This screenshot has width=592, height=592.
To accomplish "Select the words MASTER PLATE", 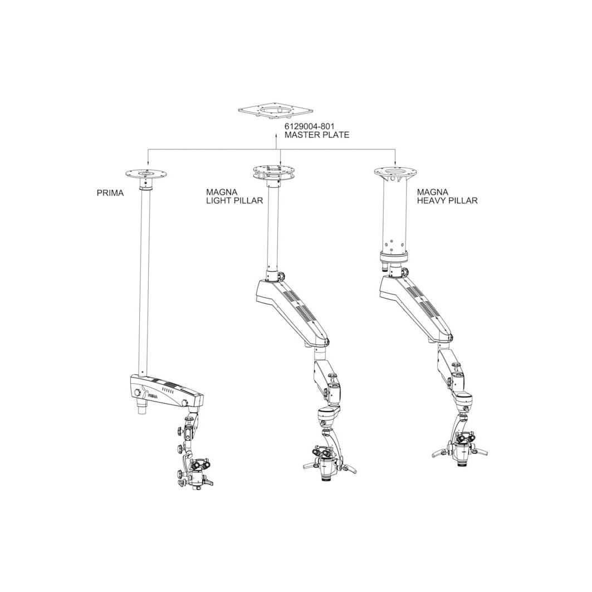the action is (317, 135).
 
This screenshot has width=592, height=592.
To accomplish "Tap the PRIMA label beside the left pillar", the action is (110, 193).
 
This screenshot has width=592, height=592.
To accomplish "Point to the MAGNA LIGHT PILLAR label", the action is (234, 197).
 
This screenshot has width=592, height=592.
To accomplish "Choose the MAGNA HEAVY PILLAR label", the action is (447, 197).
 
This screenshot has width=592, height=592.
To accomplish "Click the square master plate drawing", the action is (276, 110).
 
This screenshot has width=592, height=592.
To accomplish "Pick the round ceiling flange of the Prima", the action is (146, 174).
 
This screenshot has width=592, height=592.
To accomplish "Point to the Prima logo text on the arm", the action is (152, 396).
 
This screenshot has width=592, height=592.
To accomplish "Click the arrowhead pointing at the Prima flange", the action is (147, 163).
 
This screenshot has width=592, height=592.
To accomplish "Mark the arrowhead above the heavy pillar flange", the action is (395, 163).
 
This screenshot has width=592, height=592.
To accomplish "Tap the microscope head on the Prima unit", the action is (197, 474).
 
